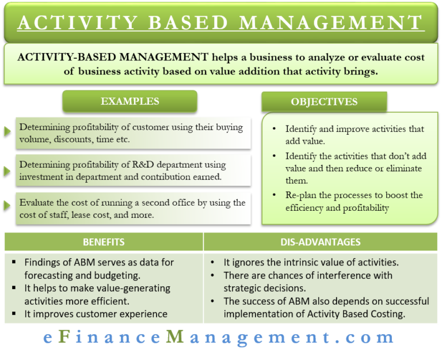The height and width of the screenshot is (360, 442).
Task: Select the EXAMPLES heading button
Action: pos(129,101)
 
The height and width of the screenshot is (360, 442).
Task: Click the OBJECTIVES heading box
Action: pos(324,102)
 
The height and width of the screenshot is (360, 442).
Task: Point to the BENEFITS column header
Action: pos(104,242)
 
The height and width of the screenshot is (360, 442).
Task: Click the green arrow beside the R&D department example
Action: pos(7,170)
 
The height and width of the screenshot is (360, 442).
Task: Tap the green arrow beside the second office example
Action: pos(7,205)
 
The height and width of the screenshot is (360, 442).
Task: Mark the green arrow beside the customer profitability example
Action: pos(7,131)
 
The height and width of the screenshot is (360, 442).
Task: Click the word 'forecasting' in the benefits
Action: pos(51,275)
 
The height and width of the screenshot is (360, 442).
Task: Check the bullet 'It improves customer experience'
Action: pos(96,314)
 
